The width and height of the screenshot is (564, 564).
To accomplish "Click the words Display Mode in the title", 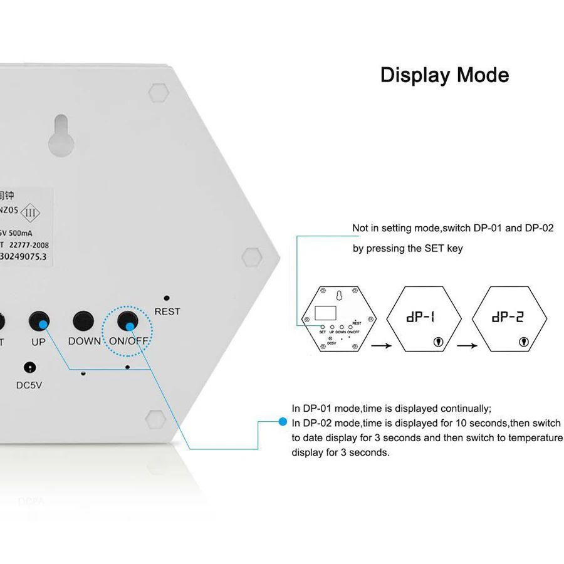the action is click(x=444, y=75).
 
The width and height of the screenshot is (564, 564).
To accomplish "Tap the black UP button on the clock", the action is click(x=39, y=321).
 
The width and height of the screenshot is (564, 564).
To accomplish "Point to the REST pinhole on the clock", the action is click(x=166, y=299).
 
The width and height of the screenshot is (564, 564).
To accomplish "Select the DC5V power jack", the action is click(x=29, y=368).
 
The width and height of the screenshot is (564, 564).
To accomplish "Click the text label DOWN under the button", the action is click(x=85, y=341).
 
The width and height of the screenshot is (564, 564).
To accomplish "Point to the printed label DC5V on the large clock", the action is click(x=29, y=385).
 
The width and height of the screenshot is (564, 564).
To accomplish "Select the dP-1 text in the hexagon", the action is click(x=420, y=317).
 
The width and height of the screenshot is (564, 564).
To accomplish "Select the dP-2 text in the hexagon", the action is click(x=508, y=317).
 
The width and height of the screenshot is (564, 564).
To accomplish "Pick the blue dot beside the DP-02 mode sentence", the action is click(x=283, y=422).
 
